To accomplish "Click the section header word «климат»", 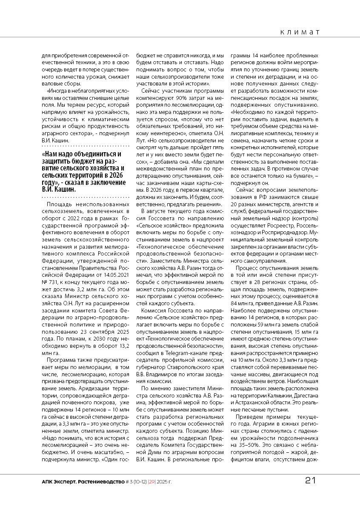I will pos(300,32).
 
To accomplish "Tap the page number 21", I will pos(311,481).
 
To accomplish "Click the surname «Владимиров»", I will pos(163,374).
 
